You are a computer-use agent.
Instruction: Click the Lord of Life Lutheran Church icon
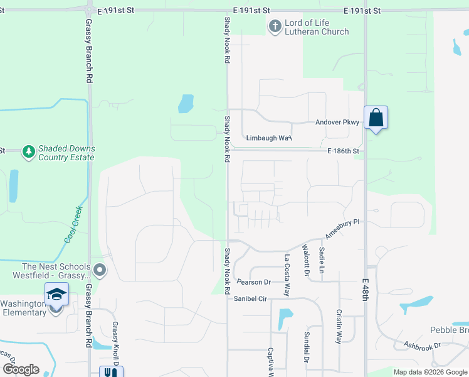275,26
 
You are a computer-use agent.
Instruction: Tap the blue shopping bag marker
376,117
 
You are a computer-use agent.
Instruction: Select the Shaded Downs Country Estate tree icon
28,151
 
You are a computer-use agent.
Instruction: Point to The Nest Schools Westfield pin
100,271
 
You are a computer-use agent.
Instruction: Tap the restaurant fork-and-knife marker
112,372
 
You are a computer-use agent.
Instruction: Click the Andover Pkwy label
337,123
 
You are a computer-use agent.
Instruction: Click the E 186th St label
342,151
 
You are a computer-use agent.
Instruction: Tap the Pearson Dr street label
253,282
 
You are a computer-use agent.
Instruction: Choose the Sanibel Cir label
251,299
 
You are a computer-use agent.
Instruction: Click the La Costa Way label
287,275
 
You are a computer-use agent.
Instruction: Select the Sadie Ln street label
322,260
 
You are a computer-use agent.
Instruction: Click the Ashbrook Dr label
422,345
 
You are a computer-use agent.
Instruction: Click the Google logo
20,369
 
